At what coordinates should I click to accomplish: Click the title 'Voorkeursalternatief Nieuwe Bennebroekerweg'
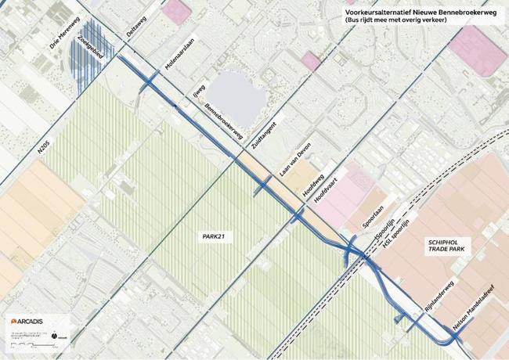(413, 13)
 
